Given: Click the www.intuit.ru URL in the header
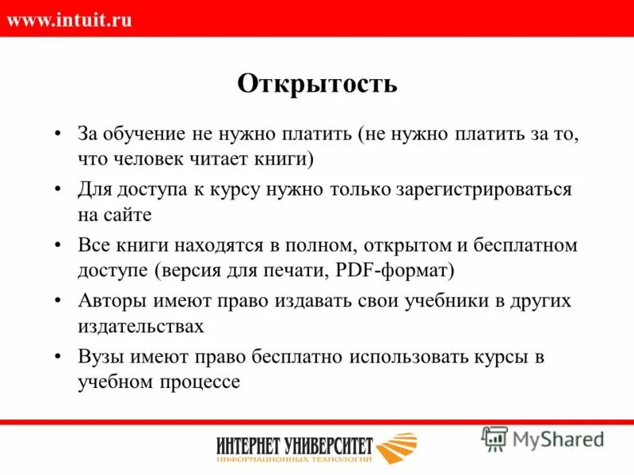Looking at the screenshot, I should [x=69, y=20].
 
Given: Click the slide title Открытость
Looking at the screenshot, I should [x=317, y=83].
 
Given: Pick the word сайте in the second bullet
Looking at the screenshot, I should [x=127, y=215].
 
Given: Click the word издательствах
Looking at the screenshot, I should [x=141, y=326].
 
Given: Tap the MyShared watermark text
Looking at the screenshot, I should [x=558, y=438].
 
